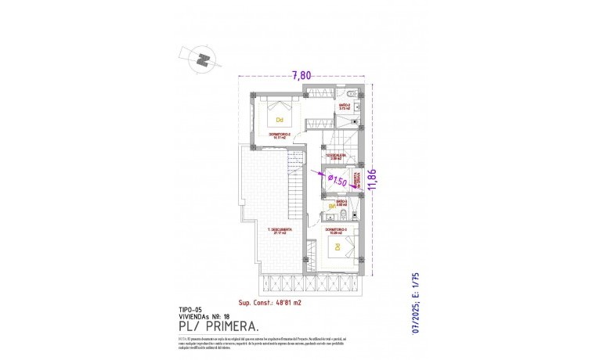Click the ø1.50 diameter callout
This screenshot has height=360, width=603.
(x=337, y=181)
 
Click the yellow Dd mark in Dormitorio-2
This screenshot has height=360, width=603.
(x=279, y=120)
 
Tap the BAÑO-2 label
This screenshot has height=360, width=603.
(x=345, y=104)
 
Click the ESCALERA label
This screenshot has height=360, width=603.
(x=337, y=156)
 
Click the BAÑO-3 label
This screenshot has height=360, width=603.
(x=341, y=202)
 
